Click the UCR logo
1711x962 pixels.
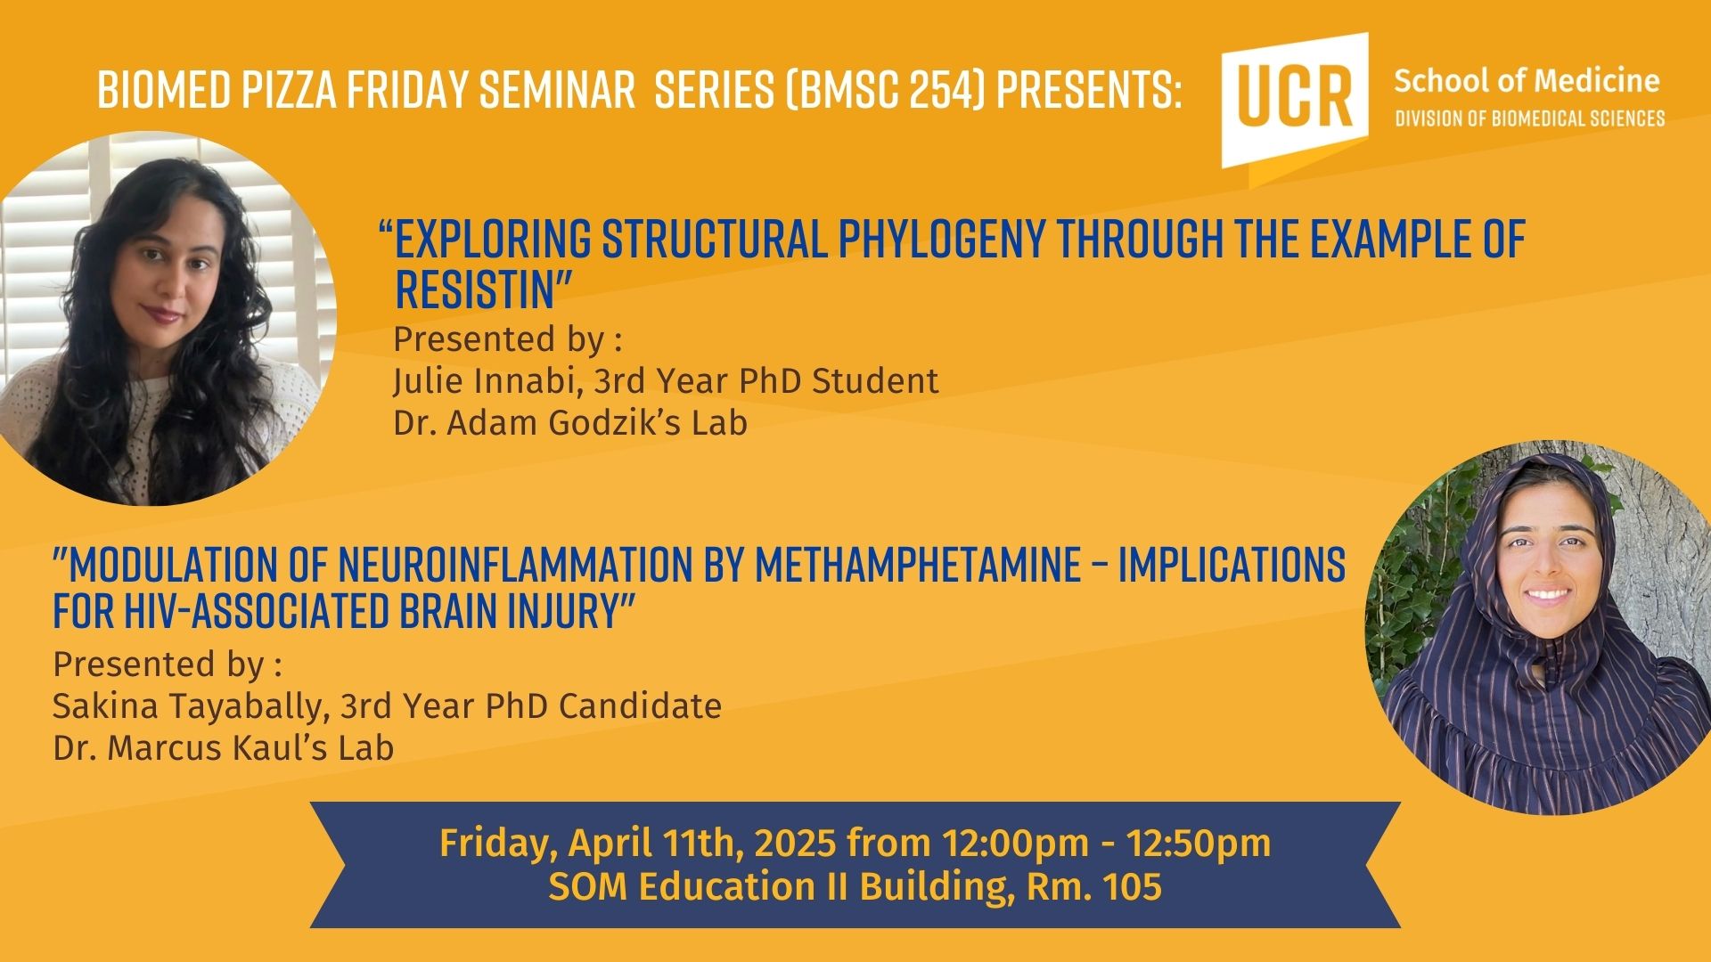pos(1295,100)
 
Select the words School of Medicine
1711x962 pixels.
pos(1527,81)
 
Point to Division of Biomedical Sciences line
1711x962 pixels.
pos(1529,118)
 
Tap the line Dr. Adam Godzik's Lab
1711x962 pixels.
pos(570,423)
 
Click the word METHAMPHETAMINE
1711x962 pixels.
pos(917,564)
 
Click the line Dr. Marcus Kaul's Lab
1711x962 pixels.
pos(223,747)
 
